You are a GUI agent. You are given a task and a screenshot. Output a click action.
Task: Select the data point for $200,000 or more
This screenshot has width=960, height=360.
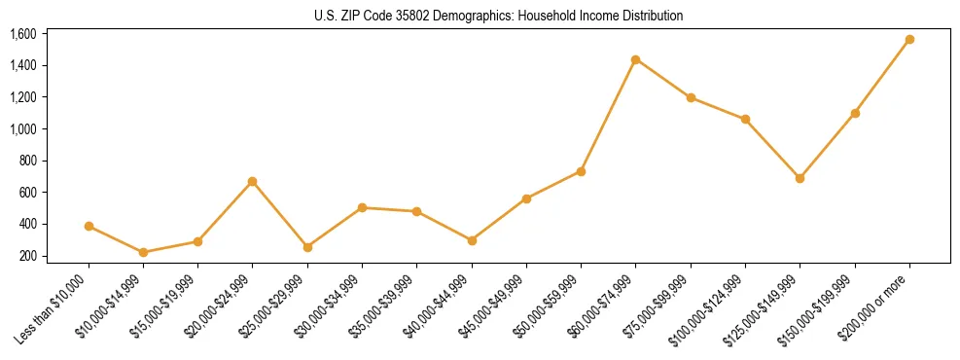pos(909,40)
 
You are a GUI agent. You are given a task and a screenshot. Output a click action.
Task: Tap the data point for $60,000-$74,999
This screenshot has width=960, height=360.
pos(635,59)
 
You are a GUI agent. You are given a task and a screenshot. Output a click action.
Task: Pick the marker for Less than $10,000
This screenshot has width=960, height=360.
pos(89,226)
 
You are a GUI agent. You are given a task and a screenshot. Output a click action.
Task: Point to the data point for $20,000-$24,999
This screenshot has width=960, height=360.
pos(253,181)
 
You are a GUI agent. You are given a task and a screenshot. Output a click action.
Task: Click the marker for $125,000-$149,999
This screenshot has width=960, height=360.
pos(800,178)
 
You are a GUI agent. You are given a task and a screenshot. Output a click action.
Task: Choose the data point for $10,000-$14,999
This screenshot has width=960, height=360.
pos(144,252)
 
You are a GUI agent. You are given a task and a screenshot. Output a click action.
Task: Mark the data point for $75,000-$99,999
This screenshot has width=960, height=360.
pos(691,97)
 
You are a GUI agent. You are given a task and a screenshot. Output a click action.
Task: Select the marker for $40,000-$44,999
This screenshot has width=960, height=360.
pos(472,240)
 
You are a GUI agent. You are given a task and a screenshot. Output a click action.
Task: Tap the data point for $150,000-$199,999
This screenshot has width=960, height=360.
pos(855,113)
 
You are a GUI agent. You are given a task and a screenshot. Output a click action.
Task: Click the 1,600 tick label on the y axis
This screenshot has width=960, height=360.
pos(22,34)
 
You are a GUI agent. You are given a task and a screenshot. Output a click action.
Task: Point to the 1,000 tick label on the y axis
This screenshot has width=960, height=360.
pos(22,129)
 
